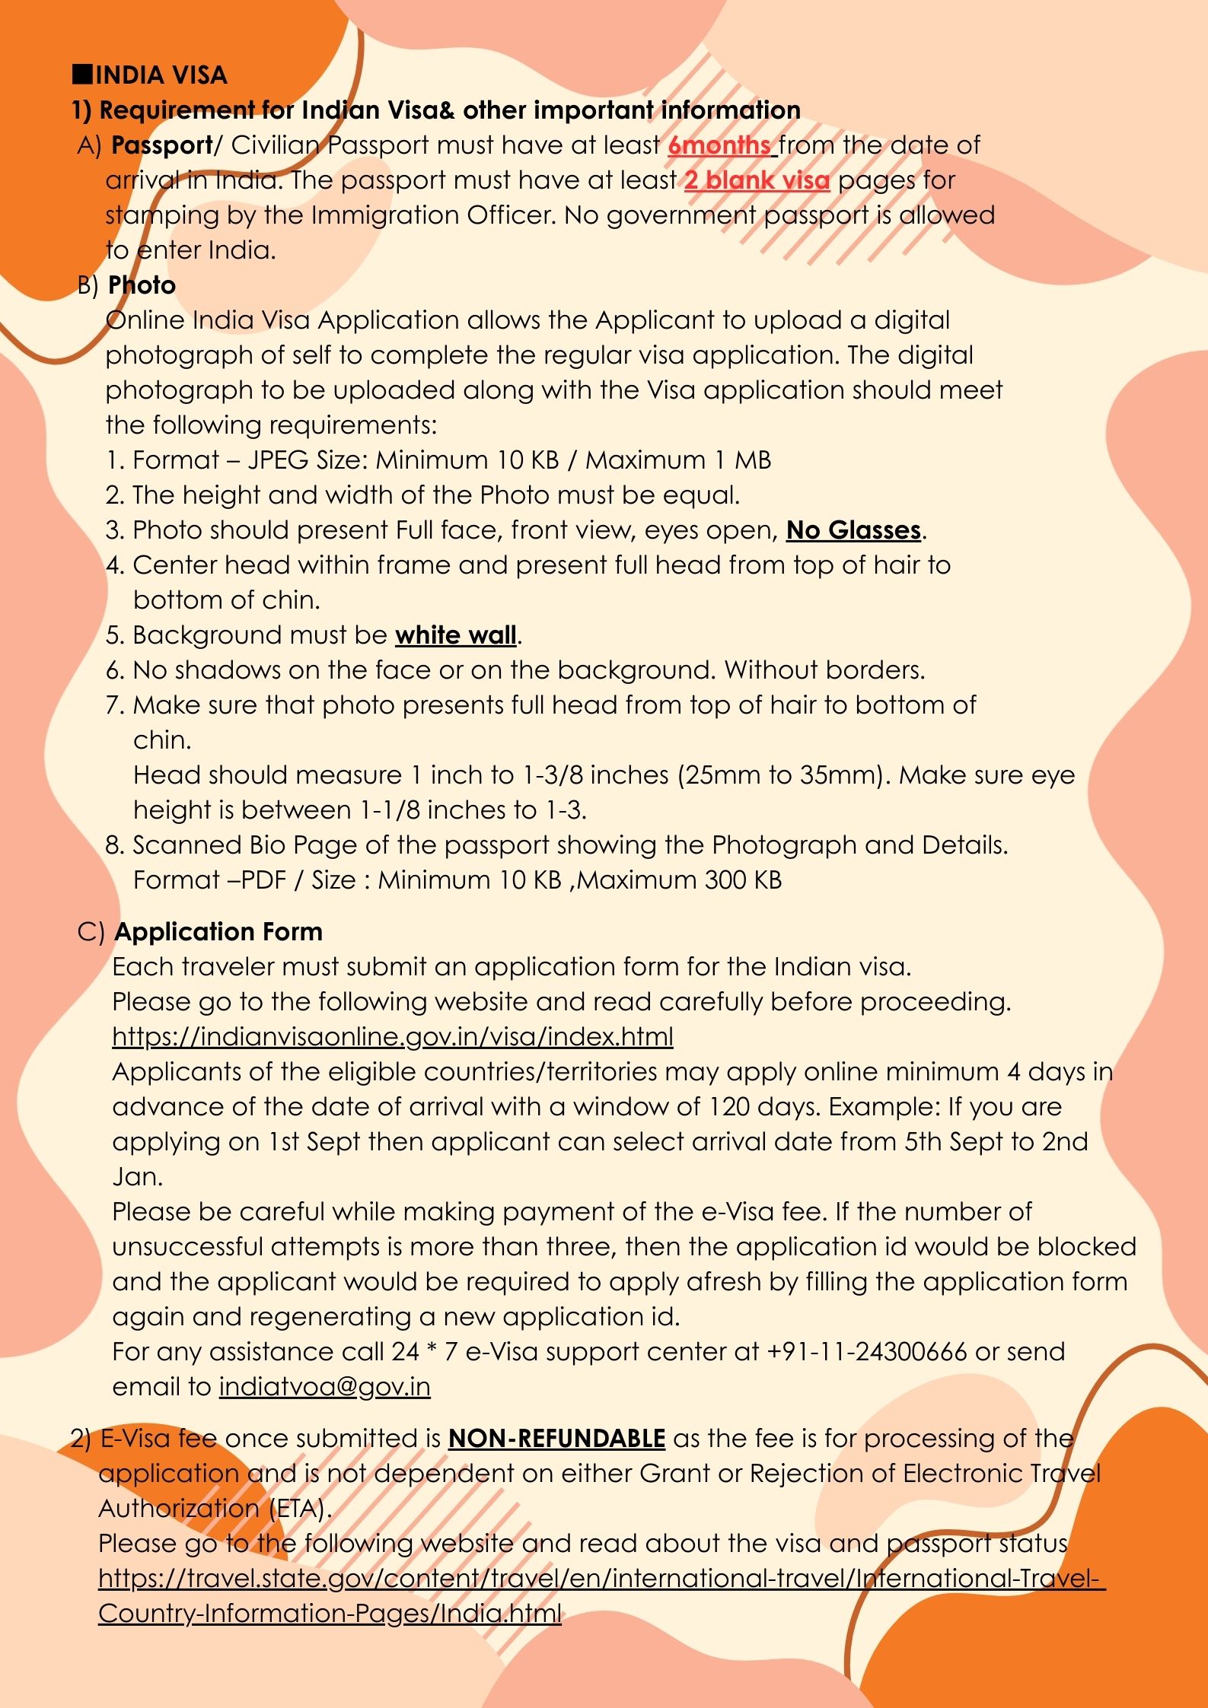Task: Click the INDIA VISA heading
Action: coord(161,75)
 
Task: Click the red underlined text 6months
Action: coord(719,145)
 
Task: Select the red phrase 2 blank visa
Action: coord(757,180)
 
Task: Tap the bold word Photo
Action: coord(142,285)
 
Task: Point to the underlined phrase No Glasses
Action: coord(853,530)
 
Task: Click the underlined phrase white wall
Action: coord(456,635)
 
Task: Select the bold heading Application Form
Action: coord(218,931)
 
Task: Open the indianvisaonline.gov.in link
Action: coord(392,1036)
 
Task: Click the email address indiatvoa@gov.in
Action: coord(324,1386)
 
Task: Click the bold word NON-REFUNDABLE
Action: coord(556,1438)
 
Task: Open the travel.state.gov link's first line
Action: coord(601,1578)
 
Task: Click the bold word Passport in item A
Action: coord(162,145)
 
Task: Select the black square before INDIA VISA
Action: coord(81,74)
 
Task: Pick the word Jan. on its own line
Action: coord(137,1176)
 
